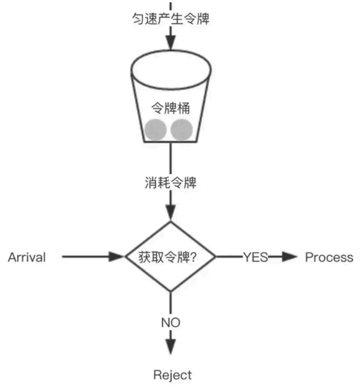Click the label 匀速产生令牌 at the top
click(x=171, y=19)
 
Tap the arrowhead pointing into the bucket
click(x=171, y=43)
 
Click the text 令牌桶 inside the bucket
click(x=171, y=108)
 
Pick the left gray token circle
click(x=156, y=130)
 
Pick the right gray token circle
click(x=182, y=130)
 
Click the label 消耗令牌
click(x=171, y=183)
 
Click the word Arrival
click(x=27, y=257)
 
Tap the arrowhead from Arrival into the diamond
click(x=116, y=256)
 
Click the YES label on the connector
click(x=255, y=257)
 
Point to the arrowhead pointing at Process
click(x=290, y=257)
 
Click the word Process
click(x=329, y=257)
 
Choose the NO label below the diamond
click(x=171, y=323)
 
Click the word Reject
click(x=172, y=375)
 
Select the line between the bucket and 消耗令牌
click(x=171, y=159)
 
